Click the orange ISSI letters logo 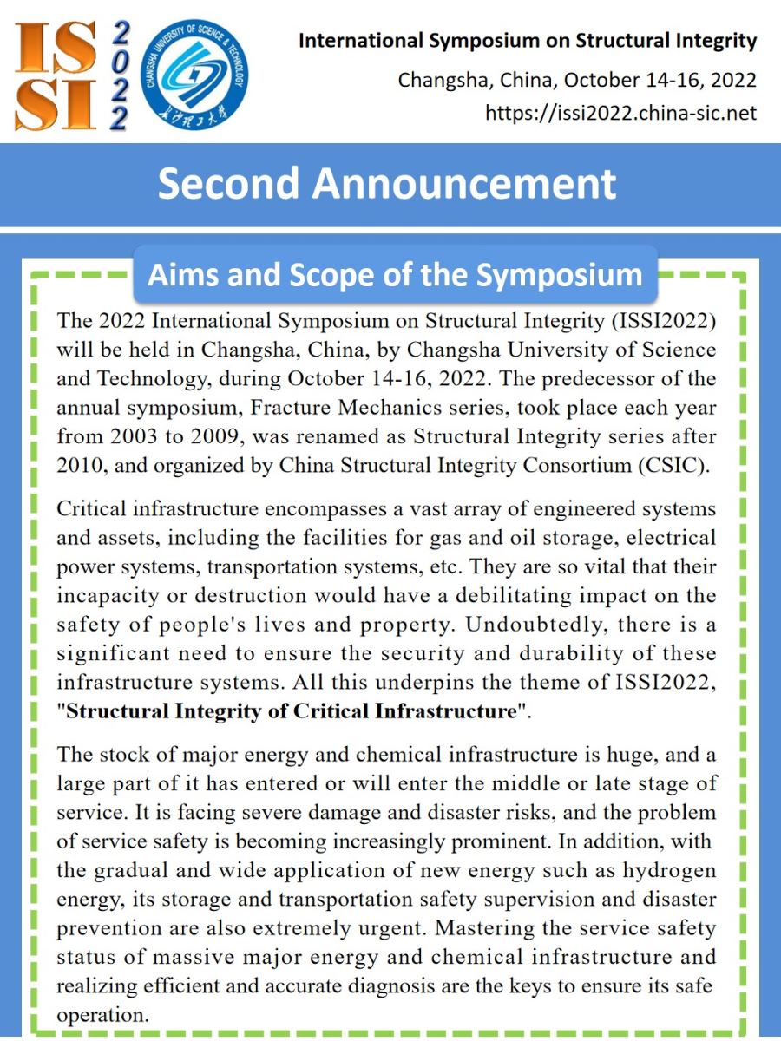point(54,75)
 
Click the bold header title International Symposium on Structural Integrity point(528,41)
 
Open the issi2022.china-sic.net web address point(620,113)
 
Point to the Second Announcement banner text point(387,184)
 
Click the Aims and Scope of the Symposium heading point(395,274)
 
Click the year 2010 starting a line point(80,464)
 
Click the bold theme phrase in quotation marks point(292,711)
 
